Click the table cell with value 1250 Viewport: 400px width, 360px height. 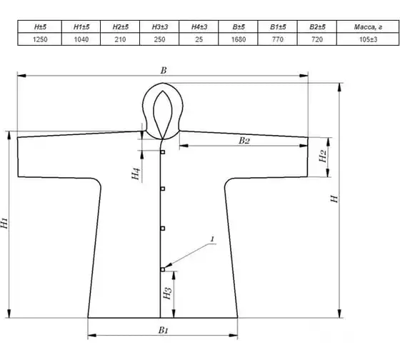(40, 39)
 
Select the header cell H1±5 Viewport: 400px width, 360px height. (81, 27)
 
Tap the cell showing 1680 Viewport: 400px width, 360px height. (239, 39)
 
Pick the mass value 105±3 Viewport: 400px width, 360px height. (368, 39)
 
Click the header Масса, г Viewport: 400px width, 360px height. (368, 27)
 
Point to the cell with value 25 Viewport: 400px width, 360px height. (199, 39)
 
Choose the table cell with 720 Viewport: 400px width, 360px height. (317, 39)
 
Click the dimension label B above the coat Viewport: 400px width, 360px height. (164, 70)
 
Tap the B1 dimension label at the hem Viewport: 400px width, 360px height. (164, 331)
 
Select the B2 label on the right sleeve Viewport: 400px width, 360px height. (244, 141)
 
